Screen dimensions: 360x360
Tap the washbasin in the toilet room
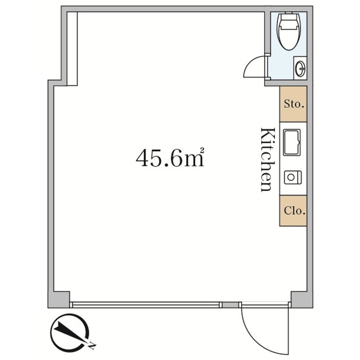pyautogui.click(x=300, y=68)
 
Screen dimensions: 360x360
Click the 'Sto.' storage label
pyautogui.click(x=293, y=104)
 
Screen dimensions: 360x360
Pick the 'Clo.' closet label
pyautogui.click(x=293, y=211)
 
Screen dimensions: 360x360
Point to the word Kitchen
pyautogui.click(x=266, y=159)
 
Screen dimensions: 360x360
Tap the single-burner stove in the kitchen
pyautogui.click(x=293, y=177)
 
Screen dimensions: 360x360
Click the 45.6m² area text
pyautogui.click(x=169, y=158)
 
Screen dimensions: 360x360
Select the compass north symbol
pyautogui.click(x=69, y=333)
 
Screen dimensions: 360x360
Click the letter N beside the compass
pyautogui.click(x=92, y=346)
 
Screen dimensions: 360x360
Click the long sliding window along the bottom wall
pyautogui.click(x=145, y=305)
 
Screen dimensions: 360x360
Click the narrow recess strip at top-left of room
pyautogui.click(x=72, y=48)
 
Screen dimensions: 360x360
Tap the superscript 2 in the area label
pyautogui.click(x=201, y=151)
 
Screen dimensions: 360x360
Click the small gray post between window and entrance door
pyautogui.click(x=229, y=305)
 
